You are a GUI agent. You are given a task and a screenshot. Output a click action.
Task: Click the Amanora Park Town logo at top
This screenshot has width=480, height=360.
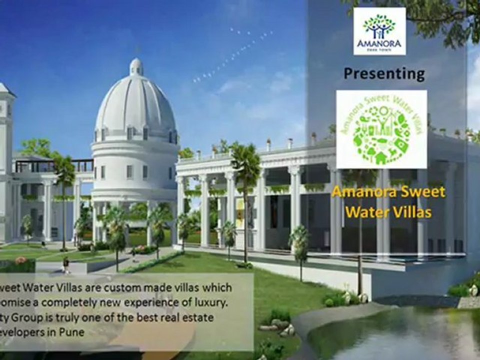point(379,31)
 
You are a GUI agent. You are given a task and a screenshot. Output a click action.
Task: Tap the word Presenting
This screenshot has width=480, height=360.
point(384,73)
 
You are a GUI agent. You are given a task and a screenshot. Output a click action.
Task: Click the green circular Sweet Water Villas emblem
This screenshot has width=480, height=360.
point(381,129)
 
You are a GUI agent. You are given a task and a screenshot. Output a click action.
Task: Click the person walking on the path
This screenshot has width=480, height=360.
point(65,265)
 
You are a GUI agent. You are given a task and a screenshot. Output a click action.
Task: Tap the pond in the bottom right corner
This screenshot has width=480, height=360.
point(400,335)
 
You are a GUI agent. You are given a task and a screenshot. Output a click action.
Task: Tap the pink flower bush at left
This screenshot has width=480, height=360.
point(21,260)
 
